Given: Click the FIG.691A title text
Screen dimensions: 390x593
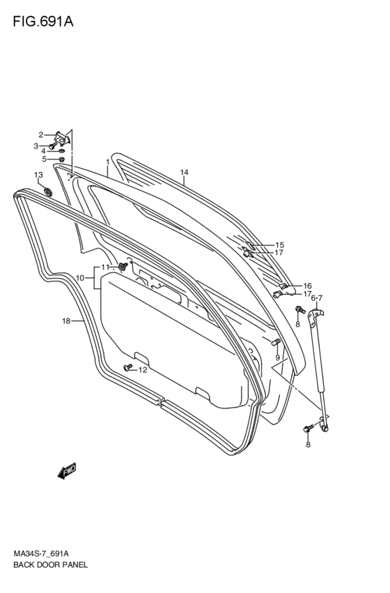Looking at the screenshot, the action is [x=43, y=22].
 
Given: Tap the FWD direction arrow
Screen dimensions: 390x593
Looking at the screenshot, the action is [x=67, y=470].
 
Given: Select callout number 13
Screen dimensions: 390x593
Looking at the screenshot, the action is [x=38, y=175].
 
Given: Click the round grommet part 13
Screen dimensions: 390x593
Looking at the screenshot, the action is [x=47, y=192].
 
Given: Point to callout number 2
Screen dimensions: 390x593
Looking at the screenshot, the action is [x=41, y=134].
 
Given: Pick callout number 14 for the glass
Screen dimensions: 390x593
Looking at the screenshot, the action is [x=184, y=172].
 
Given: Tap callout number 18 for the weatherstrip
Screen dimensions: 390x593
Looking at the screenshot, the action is [x=67, y=321].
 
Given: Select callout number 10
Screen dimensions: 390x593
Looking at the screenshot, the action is [x=79, y=278].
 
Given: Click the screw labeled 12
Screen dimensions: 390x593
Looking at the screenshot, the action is [x=127, y=367].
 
